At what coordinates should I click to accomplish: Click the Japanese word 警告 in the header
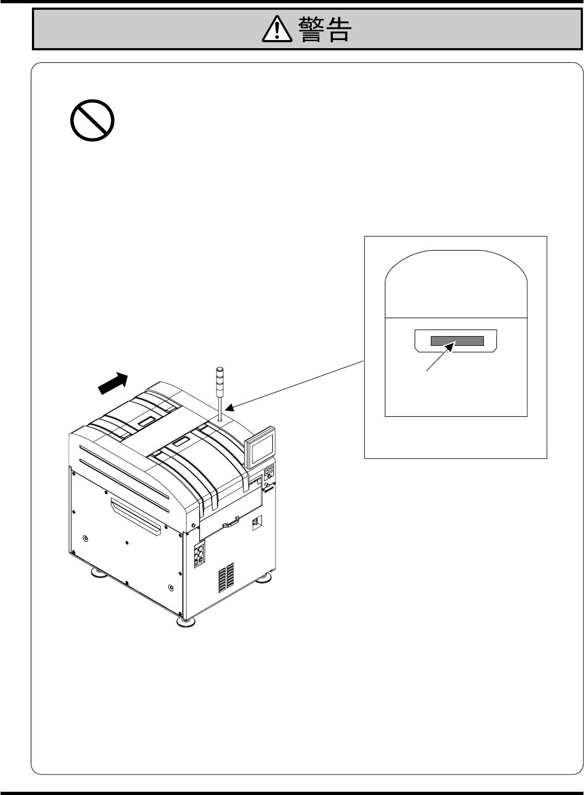324,29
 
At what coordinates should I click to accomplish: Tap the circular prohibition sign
93,120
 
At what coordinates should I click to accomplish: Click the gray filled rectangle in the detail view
457,341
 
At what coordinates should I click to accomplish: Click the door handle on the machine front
232,522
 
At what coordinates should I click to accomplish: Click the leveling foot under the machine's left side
97,571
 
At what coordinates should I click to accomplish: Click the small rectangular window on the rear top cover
146,421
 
